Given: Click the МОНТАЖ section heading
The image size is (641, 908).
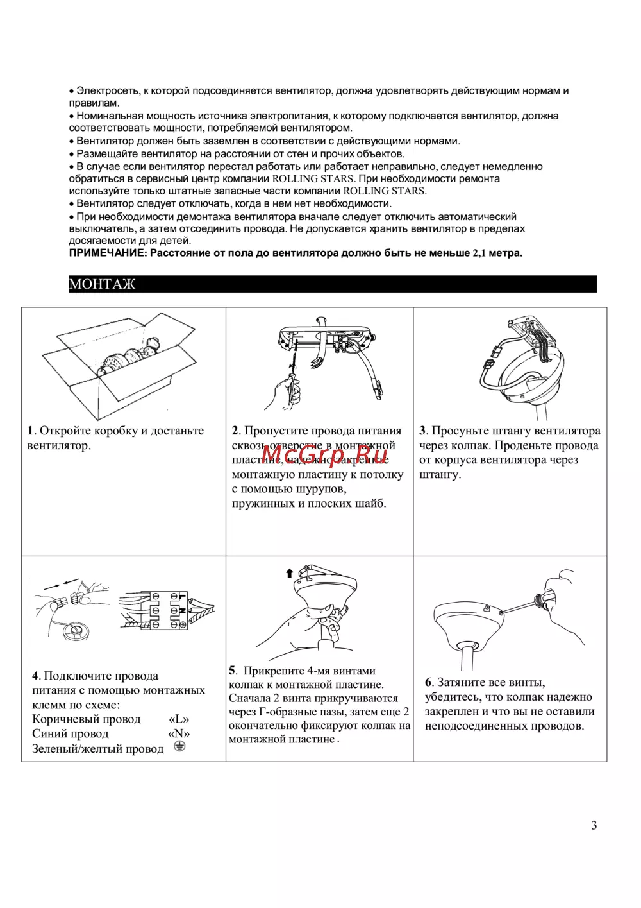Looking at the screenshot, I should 103,284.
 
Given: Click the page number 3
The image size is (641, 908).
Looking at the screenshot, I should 594,825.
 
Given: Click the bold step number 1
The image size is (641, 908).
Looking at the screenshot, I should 30,431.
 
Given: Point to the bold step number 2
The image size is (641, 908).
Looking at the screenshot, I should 235,431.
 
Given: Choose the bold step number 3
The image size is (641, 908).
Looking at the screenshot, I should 422,431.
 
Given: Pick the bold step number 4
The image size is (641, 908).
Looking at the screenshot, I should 36,676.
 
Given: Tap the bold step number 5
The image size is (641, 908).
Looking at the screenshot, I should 232,671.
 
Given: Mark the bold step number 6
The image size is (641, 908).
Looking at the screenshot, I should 428,682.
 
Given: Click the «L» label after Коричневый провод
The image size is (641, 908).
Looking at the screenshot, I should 179,719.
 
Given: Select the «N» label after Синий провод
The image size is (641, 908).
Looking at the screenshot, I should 179,734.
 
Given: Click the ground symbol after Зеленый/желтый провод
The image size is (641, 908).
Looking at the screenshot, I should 179,746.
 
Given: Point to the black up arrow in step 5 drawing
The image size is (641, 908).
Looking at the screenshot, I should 289,573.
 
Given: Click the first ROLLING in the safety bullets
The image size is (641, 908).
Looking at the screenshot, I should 296,178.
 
